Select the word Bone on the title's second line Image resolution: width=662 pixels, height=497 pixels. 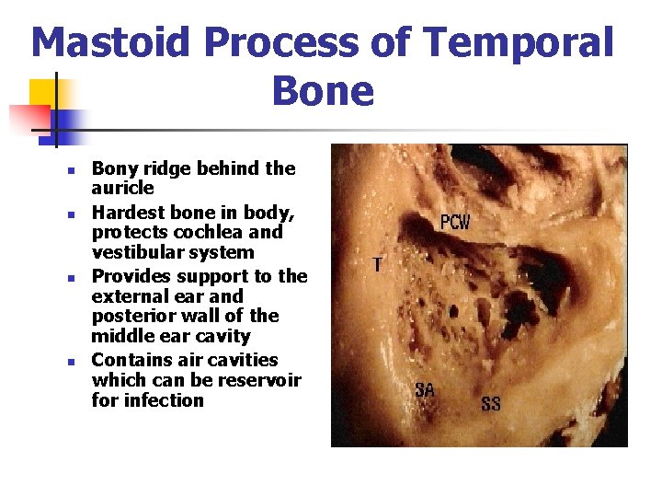point(324,92)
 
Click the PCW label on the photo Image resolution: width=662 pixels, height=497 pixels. point(456,223)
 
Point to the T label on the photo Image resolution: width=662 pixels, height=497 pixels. point(377,265)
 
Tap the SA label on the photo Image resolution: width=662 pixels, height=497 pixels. point(425,390)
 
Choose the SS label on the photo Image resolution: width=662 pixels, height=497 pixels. point(491,403)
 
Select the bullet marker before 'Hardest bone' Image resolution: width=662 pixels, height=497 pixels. point(69,214)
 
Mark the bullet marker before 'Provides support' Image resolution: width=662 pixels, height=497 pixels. point(69,277)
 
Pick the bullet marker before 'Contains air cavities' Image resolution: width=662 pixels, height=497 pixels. point(69,361)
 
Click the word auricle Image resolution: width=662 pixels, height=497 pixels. point(122,188)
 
